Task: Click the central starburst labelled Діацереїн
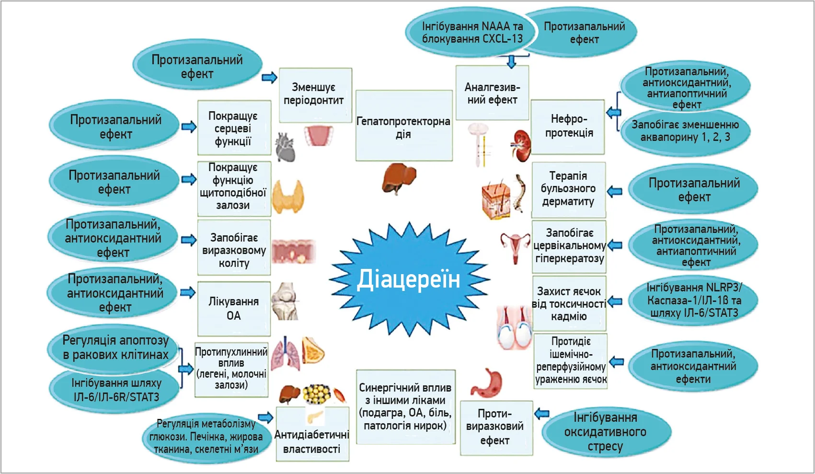[409, 279]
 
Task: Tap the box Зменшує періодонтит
[315, 94]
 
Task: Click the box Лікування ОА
[234, 308]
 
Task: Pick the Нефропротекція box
[568, 126]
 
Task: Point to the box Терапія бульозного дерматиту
[568, 189]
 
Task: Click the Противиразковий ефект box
[495, 427]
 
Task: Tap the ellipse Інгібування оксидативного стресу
[605, 432]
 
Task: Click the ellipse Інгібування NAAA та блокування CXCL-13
[471, 32]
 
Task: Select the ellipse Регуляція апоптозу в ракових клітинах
[115, 347]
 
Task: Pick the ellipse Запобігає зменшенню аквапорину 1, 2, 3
[685, 131]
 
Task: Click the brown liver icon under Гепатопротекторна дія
[398, 177]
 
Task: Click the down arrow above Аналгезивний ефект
[511, 61]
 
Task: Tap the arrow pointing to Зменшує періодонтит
[270, 78]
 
